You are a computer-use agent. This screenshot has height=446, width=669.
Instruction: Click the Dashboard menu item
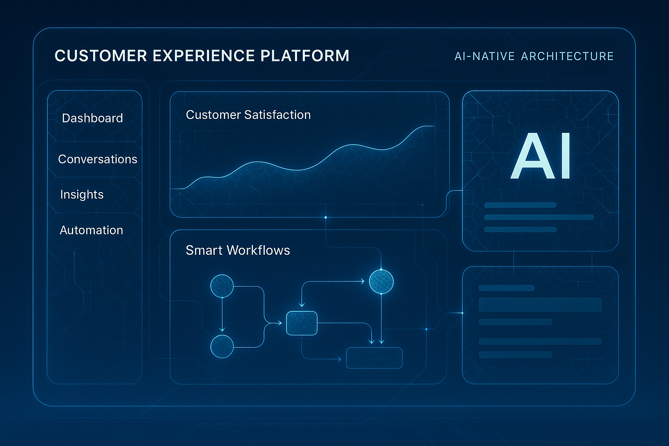pos(92,118)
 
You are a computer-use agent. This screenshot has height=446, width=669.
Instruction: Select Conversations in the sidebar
pos(98,159)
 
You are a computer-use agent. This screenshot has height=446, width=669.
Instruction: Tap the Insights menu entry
pos(82,194)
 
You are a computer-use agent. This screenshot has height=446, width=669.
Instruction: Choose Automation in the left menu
pos(91,230)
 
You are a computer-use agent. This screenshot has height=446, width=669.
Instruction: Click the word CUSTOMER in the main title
pos(101,56)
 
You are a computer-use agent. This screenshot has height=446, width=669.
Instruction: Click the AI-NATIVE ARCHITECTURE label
pos(534,56)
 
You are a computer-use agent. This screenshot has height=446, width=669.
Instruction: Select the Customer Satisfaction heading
pos(248,115)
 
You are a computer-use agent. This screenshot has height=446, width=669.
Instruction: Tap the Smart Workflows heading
pos(238,250)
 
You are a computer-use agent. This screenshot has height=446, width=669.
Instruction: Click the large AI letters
pos(541,156)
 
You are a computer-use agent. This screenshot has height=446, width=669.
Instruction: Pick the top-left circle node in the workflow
pos(222,286)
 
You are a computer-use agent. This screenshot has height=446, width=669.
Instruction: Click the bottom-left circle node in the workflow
pos(222,347)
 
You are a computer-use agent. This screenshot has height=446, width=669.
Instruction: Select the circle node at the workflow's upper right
pos(381,281)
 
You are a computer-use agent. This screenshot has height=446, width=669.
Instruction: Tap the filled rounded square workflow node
pos(301,323)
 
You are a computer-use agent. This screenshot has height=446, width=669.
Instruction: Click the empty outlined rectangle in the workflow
pos(374,358)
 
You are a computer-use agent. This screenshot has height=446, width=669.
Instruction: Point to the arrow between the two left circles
pos(222,316)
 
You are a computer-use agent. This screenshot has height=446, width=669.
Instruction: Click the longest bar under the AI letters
pos(539,217)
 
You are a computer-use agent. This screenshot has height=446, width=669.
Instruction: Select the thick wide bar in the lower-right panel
pos(540,304)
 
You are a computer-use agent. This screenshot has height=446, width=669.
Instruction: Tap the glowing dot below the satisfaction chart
pos(325,217)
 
